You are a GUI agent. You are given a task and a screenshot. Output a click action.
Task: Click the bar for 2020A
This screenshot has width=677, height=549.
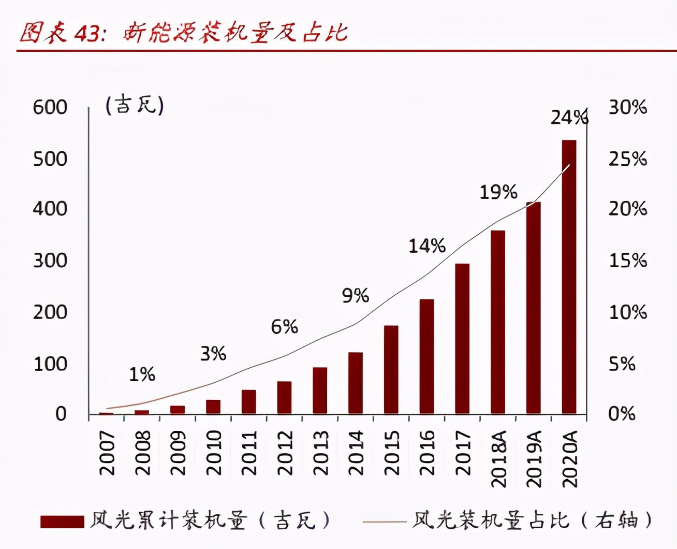tap(569, 277)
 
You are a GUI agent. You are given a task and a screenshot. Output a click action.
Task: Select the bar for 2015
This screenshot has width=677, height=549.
tap(391, 369)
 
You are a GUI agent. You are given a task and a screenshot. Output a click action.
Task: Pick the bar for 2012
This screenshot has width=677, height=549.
tap(284, 397)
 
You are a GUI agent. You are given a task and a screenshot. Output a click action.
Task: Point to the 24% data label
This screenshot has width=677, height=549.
tap(569, 118)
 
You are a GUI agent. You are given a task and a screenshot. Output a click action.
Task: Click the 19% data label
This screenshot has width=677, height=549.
tap(498, 192)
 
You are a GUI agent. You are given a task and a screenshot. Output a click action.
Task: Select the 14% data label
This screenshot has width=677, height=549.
tap(427, 245)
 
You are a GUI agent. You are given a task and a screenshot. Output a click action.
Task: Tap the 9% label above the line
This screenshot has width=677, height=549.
tap(356, 296)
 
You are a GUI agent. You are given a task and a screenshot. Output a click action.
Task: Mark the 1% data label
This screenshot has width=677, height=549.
tap(142, 374)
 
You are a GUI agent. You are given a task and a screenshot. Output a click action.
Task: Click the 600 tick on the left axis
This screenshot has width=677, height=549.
tap(50, 107)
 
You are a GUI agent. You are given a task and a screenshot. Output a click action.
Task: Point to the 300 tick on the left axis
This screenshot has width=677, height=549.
tap(50, 261)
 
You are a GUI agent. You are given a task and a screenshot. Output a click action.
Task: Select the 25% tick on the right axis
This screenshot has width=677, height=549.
tap(627, 158)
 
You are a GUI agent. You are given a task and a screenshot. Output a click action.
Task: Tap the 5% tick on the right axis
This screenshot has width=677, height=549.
tap(622, 364)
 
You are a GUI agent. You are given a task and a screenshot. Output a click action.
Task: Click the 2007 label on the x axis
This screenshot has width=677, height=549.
tap(107, 453)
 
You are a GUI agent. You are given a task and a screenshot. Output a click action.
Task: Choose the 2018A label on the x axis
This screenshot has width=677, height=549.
tap(498, 459)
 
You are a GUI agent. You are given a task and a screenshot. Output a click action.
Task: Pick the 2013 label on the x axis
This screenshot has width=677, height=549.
tap(320, 453)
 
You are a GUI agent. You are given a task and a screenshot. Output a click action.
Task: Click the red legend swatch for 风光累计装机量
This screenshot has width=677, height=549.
tap(62, 522)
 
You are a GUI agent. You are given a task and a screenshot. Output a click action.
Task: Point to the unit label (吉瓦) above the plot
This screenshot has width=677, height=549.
tap(135, 105)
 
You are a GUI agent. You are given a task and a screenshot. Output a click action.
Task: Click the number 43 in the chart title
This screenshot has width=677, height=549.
tap(86, 33)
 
